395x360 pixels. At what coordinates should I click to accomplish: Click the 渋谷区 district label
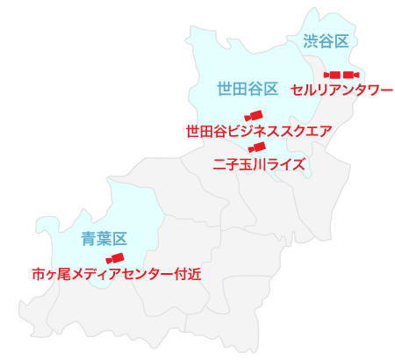tap(327, 40)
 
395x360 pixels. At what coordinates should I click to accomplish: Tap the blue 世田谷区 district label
tap(248, 88)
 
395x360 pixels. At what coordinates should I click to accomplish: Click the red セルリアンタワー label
tap(341, 90)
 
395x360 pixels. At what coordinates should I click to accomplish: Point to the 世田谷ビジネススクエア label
tap(258, 132)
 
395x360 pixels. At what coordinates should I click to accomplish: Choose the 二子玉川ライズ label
tap(259, 163)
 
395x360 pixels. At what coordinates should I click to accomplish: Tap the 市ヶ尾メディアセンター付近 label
tap(116, 273)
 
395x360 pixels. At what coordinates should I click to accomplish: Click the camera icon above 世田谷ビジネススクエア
tap(255, 116)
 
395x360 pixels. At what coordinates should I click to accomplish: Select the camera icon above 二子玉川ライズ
tap(257, 148)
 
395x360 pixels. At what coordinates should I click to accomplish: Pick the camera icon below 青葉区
tap(114, 258)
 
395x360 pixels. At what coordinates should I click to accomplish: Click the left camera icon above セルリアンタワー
tap(333, 75)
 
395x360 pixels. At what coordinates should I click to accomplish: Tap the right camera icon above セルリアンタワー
tap(350, 75)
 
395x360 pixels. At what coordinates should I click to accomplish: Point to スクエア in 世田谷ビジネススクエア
tap(311, 132)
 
